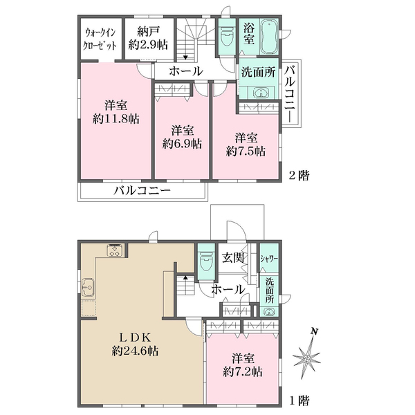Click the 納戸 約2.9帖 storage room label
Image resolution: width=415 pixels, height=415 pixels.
pyautogui.click(x=148, y=39)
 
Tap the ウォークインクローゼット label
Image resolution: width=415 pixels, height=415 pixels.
pyautogui.click(x=100, y=39)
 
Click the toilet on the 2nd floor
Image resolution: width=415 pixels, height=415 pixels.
pyautogui.click(x=227, y=39)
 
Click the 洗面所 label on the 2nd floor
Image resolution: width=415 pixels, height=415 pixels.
pyautogui.click(x=259, y=72)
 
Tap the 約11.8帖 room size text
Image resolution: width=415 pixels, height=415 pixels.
pyautogui.click(x=116, y=120)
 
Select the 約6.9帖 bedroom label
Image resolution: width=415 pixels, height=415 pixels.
pyautogui.click(x=182, y=138)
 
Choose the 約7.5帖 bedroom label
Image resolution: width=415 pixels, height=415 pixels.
pyautogui.click(x=246, y=145)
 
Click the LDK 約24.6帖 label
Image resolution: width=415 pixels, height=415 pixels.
pyautogui.click(x=135, y=344)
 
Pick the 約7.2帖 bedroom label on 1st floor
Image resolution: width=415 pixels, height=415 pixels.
pyautogui.click(x=243, y=365)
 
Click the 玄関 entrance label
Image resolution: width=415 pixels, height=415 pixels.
pyautogui.click(x=233, y=258)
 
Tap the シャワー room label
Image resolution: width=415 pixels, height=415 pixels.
pyautogui.click(x=269, y=259)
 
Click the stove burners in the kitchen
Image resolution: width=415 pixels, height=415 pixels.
pyautogui.click(x=116, y=250)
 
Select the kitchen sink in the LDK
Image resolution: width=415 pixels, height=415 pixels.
pyautogui.click(x=88, y=287)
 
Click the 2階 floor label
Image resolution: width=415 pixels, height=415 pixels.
pyautogui.click(x=299, y=175)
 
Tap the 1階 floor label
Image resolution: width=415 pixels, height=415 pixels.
pyautogui.click(x=299, y=400)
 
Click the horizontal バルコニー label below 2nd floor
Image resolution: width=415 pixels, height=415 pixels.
pyautogui.click(x=142, y=191)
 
